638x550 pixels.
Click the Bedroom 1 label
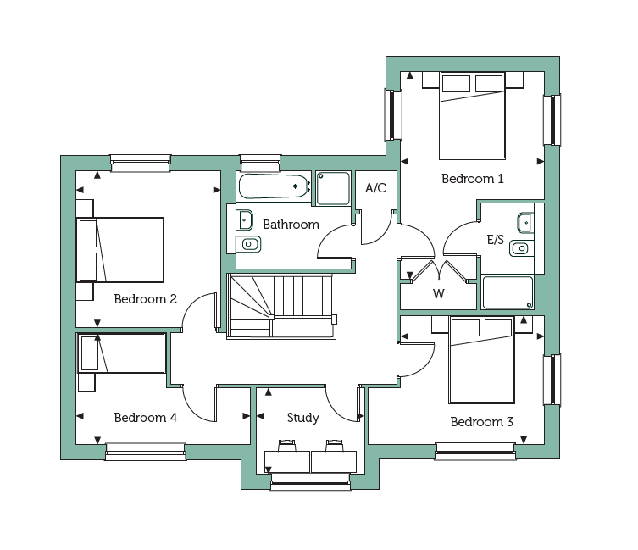point(473,179)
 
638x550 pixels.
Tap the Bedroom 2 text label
point(145,299)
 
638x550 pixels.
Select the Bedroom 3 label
point(482,422)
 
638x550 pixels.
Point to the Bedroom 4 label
point(145,418)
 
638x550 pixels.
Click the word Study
point(303,418)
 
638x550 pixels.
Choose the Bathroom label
point(291,225)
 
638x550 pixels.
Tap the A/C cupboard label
point(375,187)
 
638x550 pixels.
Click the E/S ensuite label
point(495,239)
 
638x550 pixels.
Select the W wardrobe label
point(439,293)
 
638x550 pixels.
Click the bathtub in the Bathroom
point(274,186)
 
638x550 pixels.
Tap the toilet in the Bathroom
point(248,244)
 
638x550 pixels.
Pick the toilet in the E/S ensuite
point(521,248)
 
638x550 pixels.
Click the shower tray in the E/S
point(508,292)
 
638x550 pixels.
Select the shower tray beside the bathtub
point(333,188)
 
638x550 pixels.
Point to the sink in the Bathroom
point(245,220)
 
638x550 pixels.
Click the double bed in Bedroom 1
point(473,116)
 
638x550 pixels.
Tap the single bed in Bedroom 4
point(121,353)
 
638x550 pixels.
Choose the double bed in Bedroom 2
point(120,250)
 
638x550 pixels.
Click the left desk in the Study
point(287,462)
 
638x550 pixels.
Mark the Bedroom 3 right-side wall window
point(552,381)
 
